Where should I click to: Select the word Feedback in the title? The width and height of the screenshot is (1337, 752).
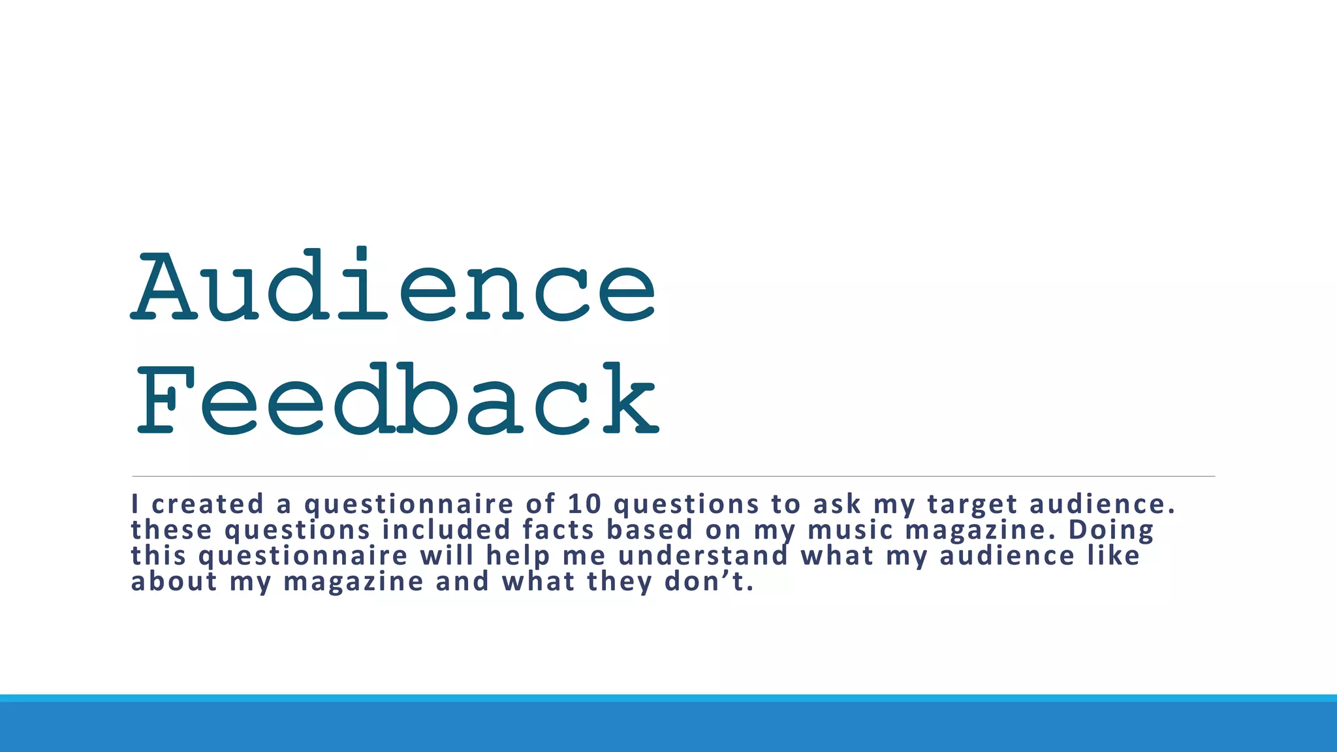click(397, 399)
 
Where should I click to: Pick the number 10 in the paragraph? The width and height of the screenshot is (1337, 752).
click(584, 505)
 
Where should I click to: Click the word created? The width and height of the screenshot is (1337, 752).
click(208, 505)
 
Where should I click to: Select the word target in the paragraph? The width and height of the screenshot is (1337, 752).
click(972, 505)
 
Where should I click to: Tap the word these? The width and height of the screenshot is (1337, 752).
click(172, 530)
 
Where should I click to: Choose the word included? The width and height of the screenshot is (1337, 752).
click(446, 530)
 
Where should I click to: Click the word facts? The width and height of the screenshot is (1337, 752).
click(558, 530)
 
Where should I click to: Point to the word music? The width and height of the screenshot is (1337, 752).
click(850, 530)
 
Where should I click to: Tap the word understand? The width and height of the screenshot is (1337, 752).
click(703, 556)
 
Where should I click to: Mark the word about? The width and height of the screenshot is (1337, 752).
click(174, 582)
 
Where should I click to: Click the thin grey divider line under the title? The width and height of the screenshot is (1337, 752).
click(672, 477)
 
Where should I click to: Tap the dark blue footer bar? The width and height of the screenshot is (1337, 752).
click(668, 727)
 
